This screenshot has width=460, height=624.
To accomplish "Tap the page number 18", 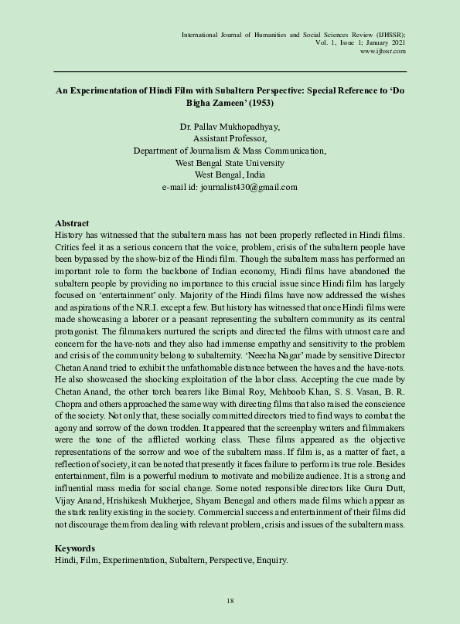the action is tap(230, 601).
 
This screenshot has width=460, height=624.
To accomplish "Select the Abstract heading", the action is tap(72, 223).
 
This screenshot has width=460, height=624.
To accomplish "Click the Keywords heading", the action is tap(75, 548).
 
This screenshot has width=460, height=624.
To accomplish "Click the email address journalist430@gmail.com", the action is tap(230, 187).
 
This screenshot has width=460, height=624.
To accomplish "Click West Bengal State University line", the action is tap(230, 163).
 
